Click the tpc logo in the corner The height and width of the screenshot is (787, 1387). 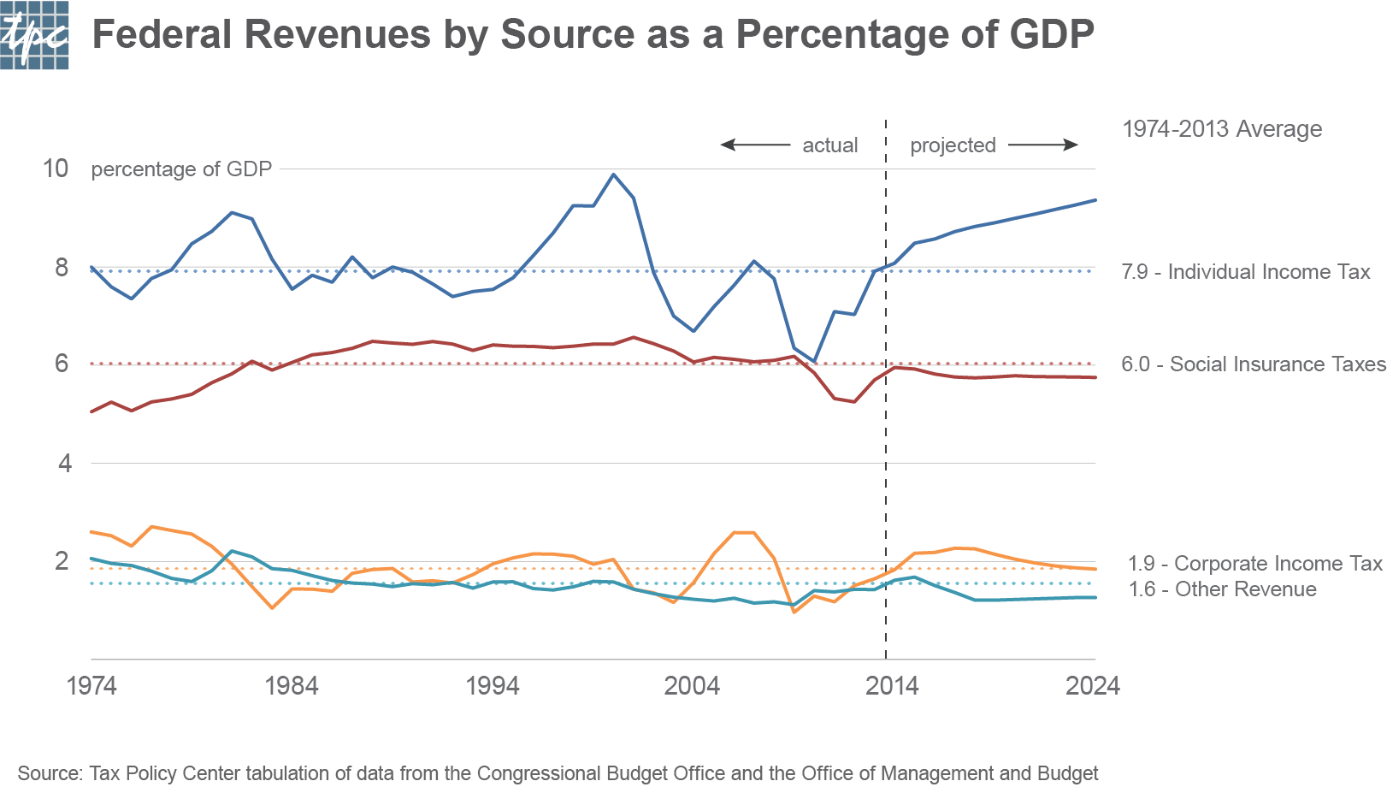tap(34, 34)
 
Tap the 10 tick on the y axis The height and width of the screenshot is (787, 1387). tap(56, 169)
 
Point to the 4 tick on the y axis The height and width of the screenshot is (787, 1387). tap(64, 464)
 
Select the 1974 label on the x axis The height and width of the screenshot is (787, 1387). tap(91, 686)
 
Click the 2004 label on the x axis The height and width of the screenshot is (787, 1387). tap(692, 686)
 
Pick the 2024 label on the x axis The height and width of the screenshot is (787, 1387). tap(1092, 686)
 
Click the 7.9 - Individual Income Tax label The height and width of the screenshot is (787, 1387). tap(1245, 272)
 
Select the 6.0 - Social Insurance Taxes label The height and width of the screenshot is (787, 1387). tap(1253, 364)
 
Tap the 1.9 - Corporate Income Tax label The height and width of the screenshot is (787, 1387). tap(1254, 564)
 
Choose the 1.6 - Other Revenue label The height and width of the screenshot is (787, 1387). tap(1222, 589)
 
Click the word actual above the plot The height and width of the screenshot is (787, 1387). tap(829, 145)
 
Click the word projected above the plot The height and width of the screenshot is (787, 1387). tap(953, 145)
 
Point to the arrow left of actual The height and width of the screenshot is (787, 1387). tap(755, 145)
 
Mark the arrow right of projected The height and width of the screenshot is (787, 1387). tap(1043, 145)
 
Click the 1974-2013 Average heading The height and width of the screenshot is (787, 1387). tap(1222, 129)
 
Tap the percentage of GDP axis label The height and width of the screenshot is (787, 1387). tap(181, 169)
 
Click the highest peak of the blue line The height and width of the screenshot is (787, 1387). tap(613, 175)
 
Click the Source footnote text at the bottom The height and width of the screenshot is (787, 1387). tap(558, 773)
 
